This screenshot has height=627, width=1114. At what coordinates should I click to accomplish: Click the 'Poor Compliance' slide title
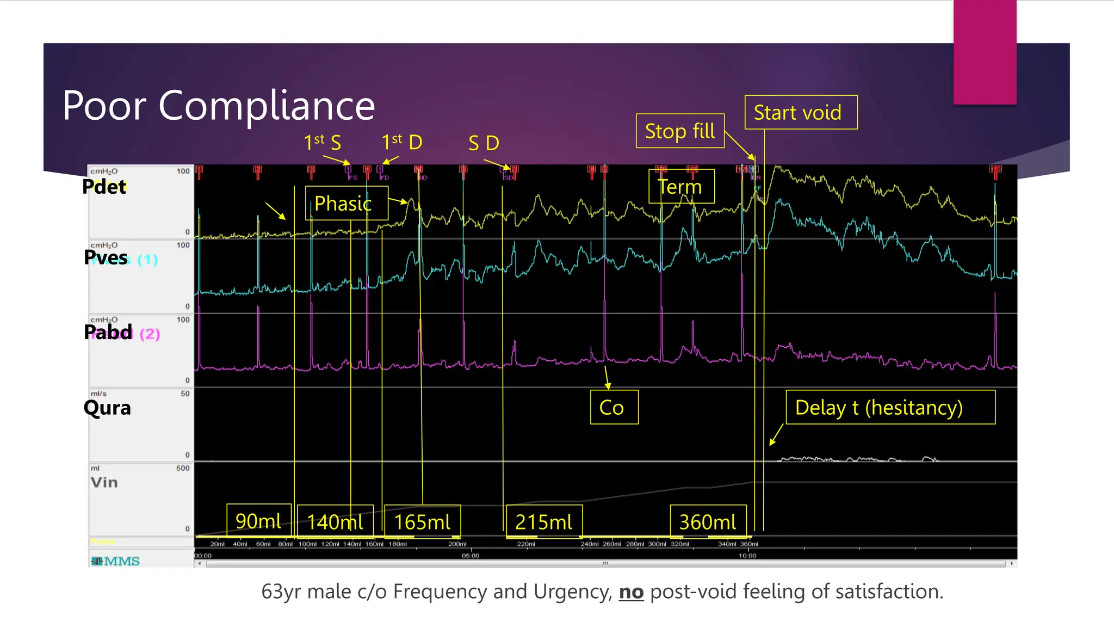click(x=219, y=105)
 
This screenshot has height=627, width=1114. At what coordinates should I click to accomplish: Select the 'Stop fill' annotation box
click(x=680, y=131)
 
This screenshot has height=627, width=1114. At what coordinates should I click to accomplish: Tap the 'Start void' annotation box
click(x=801, y=113)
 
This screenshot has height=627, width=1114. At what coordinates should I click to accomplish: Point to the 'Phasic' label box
click(x=346, y=204)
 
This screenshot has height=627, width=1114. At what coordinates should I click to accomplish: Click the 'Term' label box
click(x=681, y=187)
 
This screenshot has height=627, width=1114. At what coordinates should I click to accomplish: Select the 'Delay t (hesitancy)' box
click(x=890, y=407)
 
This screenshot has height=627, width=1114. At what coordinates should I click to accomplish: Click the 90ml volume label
click(x=259, y=521)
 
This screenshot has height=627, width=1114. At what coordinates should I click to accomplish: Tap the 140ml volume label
click(x=335, y=522)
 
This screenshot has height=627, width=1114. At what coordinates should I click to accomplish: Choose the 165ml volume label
click(x=422, y=522)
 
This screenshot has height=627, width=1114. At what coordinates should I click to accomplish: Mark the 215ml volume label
click(x=544, y=522)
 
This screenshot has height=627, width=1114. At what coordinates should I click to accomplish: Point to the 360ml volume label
click(x=708, y=522)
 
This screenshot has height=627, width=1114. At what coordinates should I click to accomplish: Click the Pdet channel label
click(x=104, y=187)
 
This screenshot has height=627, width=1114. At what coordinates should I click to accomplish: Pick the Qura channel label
click(x=107, y=408)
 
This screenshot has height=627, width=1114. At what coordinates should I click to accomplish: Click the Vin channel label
click(x=104, y=482)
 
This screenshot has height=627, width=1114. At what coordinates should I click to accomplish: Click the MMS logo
click(x=116, y=561)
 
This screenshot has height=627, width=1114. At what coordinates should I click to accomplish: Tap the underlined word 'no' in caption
click(x=631, y=592)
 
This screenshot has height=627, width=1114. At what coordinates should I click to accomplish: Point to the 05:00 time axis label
click(x=471, y=556)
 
